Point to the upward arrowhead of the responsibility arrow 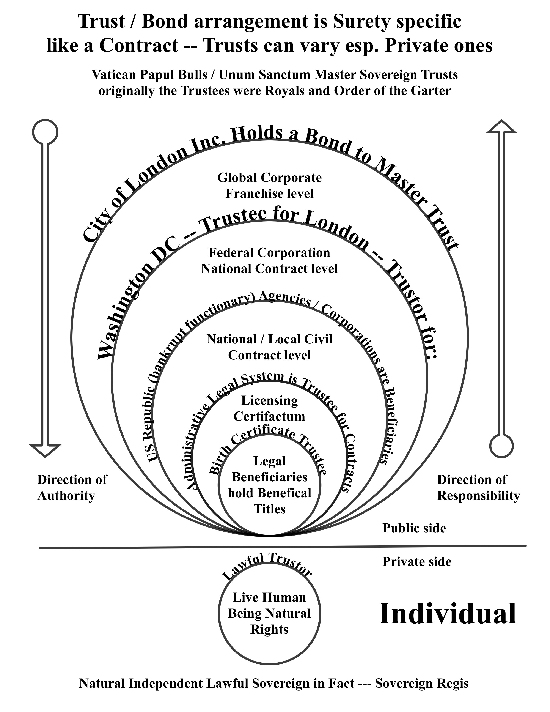pos(501,126)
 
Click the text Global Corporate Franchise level pos(269,186)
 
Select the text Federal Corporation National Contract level pos(269,261)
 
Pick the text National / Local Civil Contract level pos(269,347)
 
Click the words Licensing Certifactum pos(269,408)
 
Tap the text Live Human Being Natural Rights pos(269,613)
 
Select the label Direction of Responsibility pos(478,488)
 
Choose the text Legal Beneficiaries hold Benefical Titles pos(269,485)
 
